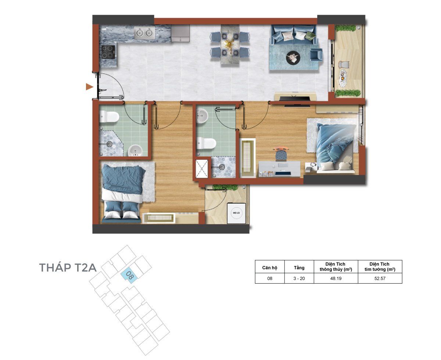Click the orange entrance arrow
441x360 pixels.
pos(89,87)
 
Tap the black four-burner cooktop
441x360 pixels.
pos(108,52)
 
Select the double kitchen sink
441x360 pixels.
pos(144,33)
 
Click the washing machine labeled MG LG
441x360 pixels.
pos(236,213)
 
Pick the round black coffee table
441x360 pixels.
pos(293,58)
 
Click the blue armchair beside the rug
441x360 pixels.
pos(316,55)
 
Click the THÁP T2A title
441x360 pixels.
pos(68,267)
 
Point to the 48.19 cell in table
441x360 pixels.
pos(336,278)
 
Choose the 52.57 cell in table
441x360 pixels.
pos(380,278)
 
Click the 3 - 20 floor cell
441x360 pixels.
pos(299,278)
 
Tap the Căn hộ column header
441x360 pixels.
pos(269,267)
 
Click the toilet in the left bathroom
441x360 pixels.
pos(109,117)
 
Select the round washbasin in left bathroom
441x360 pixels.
pos(135,151)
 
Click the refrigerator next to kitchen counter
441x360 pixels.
pos(180,33)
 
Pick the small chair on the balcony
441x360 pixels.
pos(344,64)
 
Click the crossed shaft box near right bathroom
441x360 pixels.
pos(202,169)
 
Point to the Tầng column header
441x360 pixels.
pos(299,267)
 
